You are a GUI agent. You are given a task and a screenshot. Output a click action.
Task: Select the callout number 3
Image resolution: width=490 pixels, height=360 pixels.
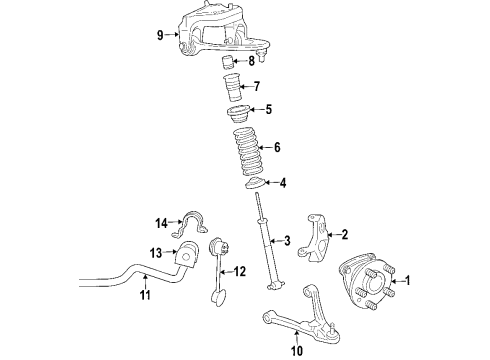[x=287, y=241]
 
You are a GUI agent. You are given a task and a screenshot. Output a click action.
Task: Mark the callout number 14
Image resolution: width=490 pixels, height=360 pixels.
[x=160, y=222]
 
